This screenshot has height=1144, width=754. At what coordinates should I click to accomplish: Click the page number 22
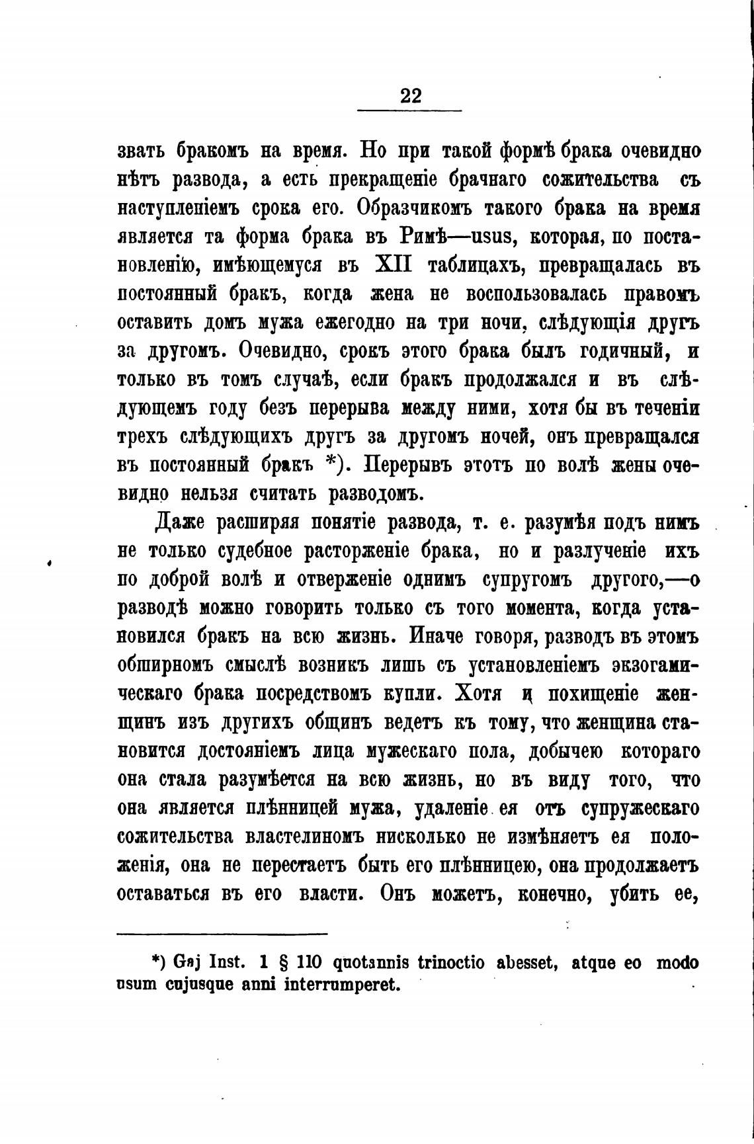click(410, 96)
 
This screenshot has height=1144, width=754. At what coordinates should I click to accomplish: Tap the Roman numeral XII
click(393, 265)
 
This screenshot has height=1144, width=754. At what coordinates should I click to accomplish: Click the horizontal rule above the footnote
click(222, 934)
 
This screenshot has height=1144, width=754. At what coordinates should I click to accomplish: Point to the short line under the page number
click(410, 110)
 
